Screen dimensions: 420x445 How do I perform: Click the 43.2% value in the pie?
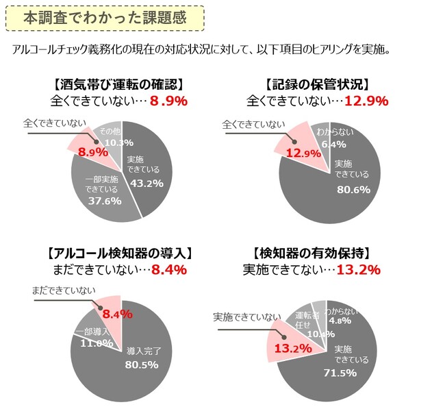[145, 184]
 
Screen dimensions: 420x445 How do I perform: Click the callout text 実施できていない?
[246, 317]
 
